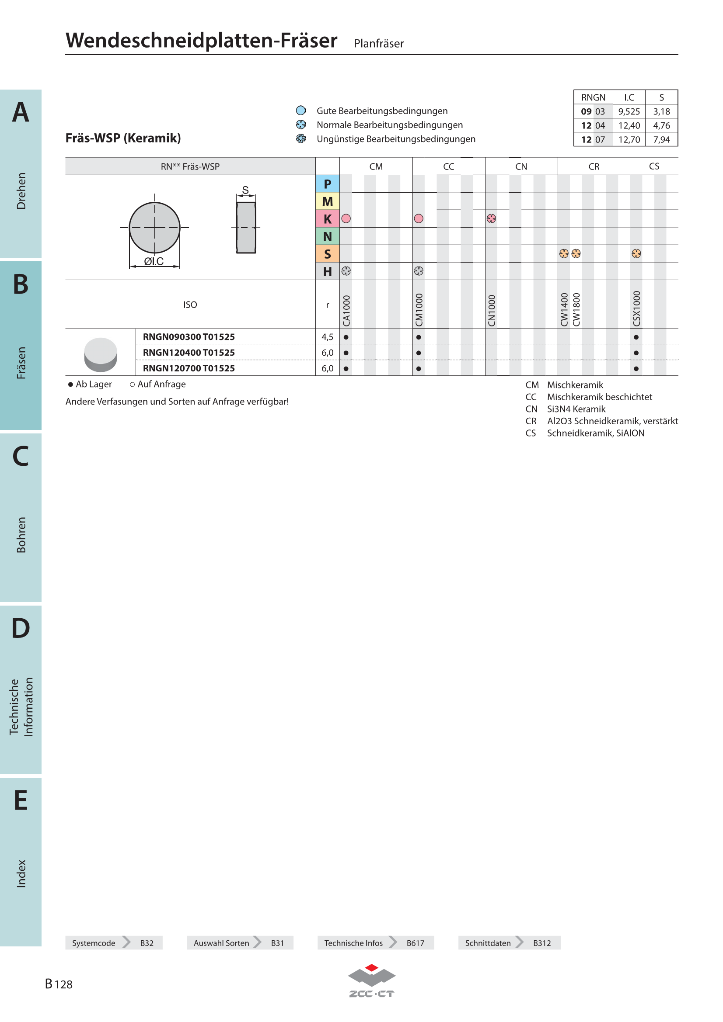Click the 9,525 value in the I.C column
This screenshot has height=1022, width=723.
click(x=629, y=111)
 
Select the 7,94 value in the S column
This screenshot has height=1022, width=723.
click(x=661, y=139)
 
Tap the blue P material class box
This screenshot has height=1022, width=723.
click(x=328, y=184)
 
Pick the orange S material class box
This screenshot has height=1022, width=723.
click(x=328, y=254)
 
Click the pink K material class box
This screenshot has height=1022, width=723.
click(x=328, y=218)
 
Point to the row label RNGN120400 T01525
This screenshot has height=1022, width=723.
click(x=189, y=353)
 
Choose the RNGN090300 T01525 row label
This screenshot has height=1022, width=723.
click(x=189, y=337)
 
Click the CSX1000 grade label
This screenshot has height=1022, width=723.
click(x=636, y=308)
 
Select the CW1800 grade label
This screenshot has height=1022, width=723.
click(x=576, y=309)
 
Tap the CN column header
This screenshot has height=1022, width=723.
click(x=521, y=166)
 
